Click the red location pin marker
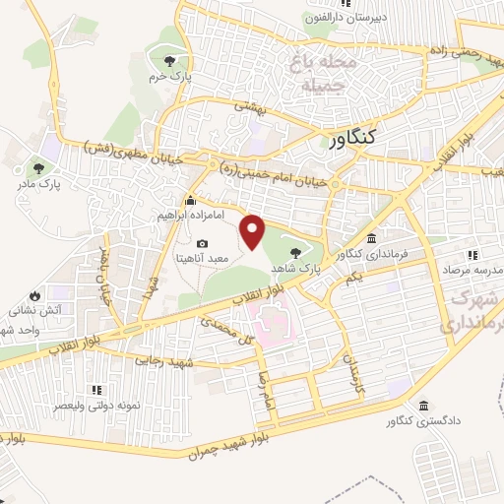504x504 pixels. point(253,230)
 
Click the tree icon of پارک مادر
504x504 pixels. point(37,167)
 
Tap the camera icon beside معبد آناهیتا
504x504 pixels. point(203,244)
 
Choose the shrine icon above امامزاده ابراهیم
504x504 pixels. point(190,201)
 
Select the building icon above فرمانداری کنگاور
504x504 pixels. point(370,240)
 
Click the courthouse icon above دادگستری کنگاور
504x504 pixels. point(422,407)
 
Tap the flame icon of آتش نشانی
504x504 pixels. point(34,295)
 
